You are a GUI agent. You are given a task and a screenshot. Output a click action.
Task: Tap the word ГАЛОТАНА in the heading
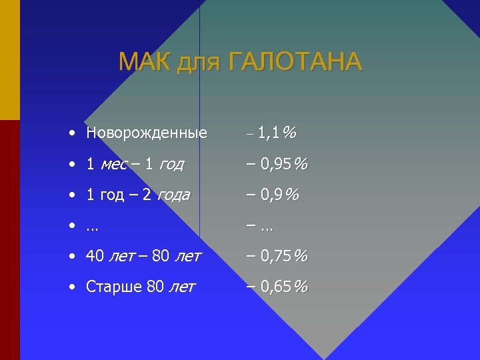tap(295, 62)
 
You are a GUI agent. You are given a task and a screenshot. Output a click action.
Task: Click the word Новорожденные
tap(147, 133)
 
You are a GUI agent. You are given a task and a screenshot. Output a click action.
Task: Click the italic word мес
tap(115, 164)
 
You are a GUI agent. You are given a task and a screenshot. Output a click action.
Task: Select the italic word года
tap(173, 195)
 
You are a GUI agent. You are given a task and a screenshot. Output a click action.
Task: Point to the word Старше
tap(114, 287)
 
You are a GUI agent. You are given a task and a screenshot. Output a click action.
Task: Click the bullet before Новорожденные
tap(71, 133)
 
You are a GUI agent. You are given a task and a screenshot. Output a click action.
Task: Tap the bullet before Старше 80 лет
tap(71, 287)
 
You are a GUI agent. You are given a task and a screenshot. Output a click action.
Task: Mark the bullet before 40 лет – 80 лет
tap(71, 255)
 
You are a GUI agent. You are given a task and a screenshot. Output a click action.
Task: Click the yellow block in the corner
tap(9, 60)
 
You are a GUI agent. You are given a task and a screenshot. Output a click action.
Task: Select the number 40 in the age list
tap(94, 255)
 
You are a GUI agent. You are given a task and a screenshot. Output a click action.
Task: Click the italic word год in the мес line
tap(171, 164)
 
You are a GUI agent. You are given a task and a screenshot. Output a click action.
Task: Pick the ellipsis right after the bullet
tap(92, 227)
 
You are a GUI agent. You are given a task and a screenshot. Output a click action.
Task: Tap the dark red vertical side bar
tap(9, 240)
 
